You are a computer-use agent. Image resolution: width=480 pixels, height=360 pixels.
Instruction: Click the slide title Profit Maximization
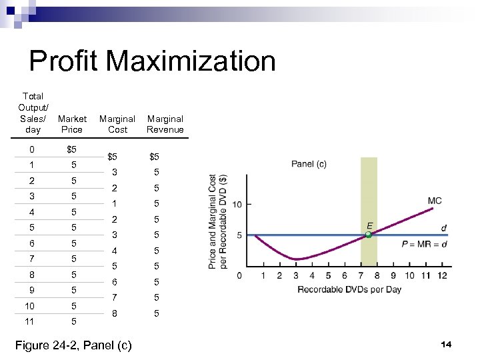pyautogui.click(x=152, y=61)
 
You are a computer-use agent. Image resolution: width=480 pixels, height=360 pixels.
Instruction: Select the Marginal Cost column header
pyautogui.click(x=117, y=124)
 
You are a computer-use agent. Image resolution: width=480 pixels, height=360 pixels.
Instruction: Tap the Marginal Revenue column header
pyautogui.click(x=165, y=124)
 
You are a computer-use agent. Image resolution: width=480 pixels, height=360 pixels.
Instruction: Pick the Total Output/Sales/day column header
pyautogui.click(x=33, y=113)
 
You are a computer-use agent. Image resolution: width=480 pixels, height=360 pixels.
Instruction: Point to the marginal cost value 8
pyautogui.click(x=114, y=313)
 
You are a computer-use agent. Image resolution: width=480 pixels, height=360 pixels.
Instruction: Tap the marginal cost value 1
pyautogui.click(x=114, y=203)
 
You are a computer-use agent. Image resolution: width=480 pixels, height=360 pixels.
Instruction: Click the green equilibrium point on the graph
pyautogui.click(x=368, y=235)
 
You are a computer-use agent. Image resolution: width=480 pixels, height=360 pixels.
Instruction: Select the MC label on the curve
pyautogui.click(x=434, y=201)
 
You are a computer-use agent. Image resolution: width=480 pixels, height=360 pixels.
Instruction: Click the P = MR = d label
pyautogui.click(x=424, y=245)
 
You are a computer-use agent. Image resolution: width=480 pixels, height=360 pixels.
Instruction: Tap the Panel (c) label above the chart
pyautogui.click(x=309, y=164)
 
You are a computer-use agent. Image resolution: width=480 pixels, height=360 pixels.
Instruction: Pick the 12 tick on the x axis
pyautogui.click(x=442, y=275)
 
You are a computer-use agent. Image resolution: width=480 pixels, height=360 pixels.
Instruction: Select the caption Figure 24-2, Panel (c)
pyautogui.click(x=73, y=345)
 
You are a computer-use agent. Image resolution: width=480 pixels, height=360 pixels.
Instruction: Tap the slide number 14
pyautogui.click(x=446, y=344)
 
